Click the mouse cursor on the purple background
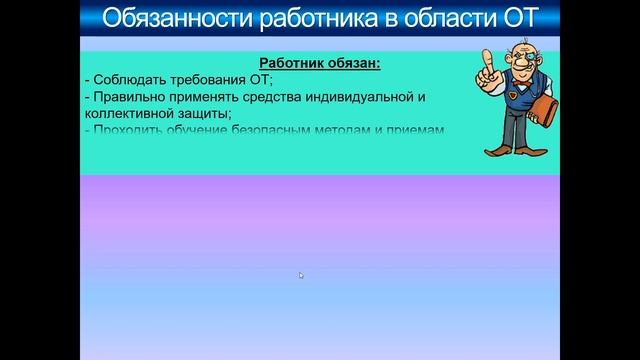click(x=301, y=275)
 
